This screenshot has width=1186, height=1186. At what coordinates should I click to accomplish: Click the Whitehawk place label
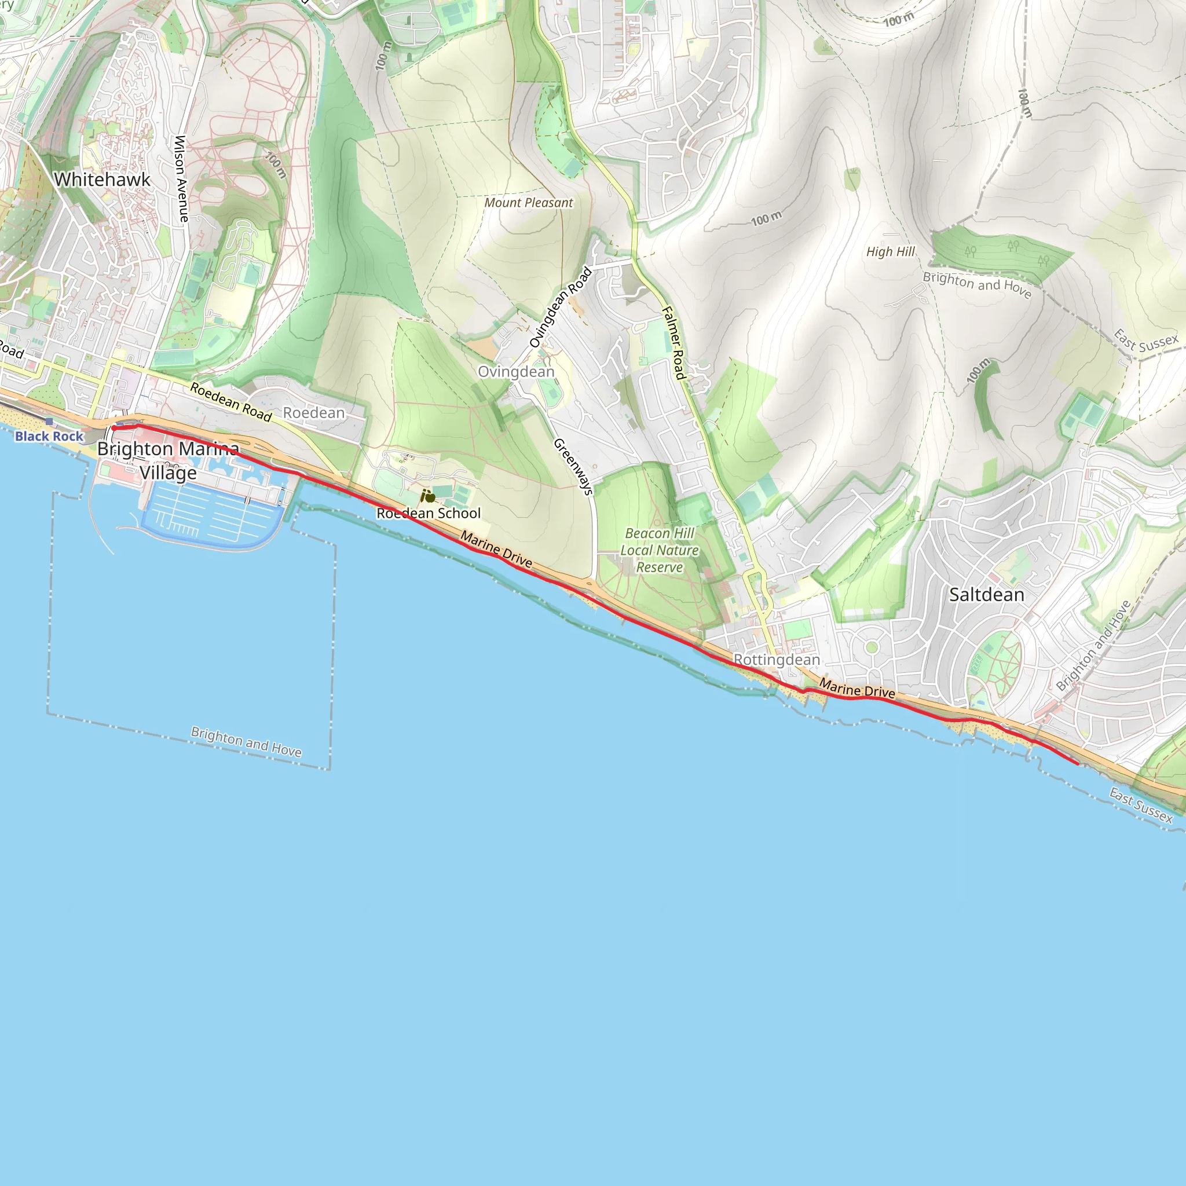[102, 180]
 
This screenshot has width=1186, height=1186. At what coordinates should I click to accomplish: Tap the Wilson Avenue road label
[181, 178]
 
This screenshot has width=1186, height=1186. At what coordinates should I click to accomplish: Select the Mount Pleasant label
[529, 203]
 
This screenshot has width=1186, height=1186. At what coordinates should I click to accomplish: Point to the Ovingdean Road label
[561, 307]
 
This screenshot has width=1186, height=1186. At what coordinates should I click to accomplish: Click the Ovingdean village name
[516, 371]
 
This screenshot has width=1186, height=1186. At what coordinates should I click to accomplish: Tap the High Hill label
[890, 252]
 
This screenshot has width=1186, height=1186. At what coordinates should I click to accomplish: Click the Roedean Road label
[231, 402]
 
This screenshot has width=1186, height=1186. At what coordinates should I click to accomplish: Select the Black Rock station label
[49, 436]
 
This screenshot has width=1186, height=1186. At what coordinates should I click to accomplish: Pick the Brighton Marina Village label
[168, 460]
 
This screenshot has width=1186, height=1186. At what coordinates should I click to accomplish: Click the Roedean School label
[429, 513]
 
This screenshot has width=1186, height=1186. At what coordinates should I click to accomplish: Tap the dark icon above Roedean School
[428, 496]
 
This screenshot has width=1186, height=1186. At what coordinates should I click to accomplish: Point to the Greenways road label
[574, 467]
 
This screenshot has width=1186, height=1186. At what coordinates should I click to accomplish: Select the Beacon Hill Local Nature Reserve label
[659, 550]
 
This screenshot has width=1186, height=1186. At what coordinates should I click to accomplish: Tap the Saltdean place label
[986, 594]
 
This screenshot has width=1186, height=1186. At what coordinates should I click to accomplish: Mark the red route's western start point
[114, 428]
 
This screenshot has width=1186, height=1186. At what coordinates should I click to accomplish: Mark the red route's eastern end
[1078, 764]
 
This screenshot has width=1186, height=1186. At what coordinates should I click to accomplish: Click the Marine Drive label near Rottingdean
[857, 689]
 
